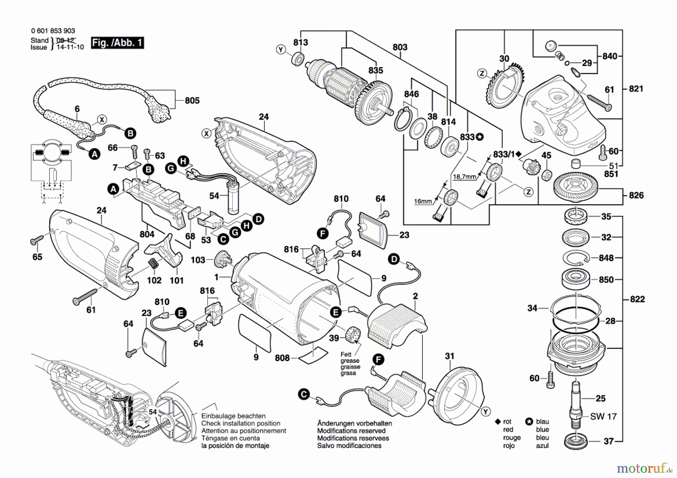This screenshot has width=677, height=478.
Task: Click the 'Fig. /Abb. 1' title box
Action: click(x=117, y=42)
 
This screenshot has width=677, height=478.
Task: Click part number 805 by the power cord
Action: click(x=192, y=100)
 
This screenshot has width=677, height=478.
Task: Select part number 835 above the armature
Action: click(x=375, y=70)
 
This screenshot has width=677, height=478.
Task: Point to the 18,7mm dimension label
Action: click(x=464, y=176)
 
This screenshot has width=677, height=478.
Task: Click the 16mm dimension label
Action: click(x=423, y=201)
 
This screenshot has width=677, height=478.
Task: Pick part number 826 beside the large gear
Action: click(x=636, y=195)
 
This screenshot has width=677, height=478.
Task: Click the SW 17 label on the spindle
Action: click(x=603, y=416)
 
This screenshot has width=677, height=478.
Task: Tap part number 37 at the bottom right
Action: click(x=609, y=441)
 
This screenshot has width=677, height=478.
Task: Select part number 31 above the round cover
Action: click(x=449, y=356)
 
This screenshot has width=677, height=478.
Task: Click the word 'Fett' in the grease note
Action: click(x=346, y=354)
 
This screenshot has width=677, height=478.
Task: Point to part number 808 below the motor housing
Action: click(x=282, y=358)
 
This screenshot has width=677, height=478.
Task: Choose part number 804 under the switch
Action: click(x=147, y=234)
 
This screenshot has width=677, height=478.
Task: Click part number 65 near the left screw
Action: click(x=37, y=257)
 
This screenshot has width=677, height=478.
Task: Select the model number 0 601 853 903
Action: click(x=53, y=31)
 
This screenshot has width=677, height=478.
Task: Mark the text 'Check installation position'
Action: click(x=241, y=423)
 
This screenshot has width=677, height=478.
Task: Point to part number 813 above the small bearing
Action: click(x=301, y=42)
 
